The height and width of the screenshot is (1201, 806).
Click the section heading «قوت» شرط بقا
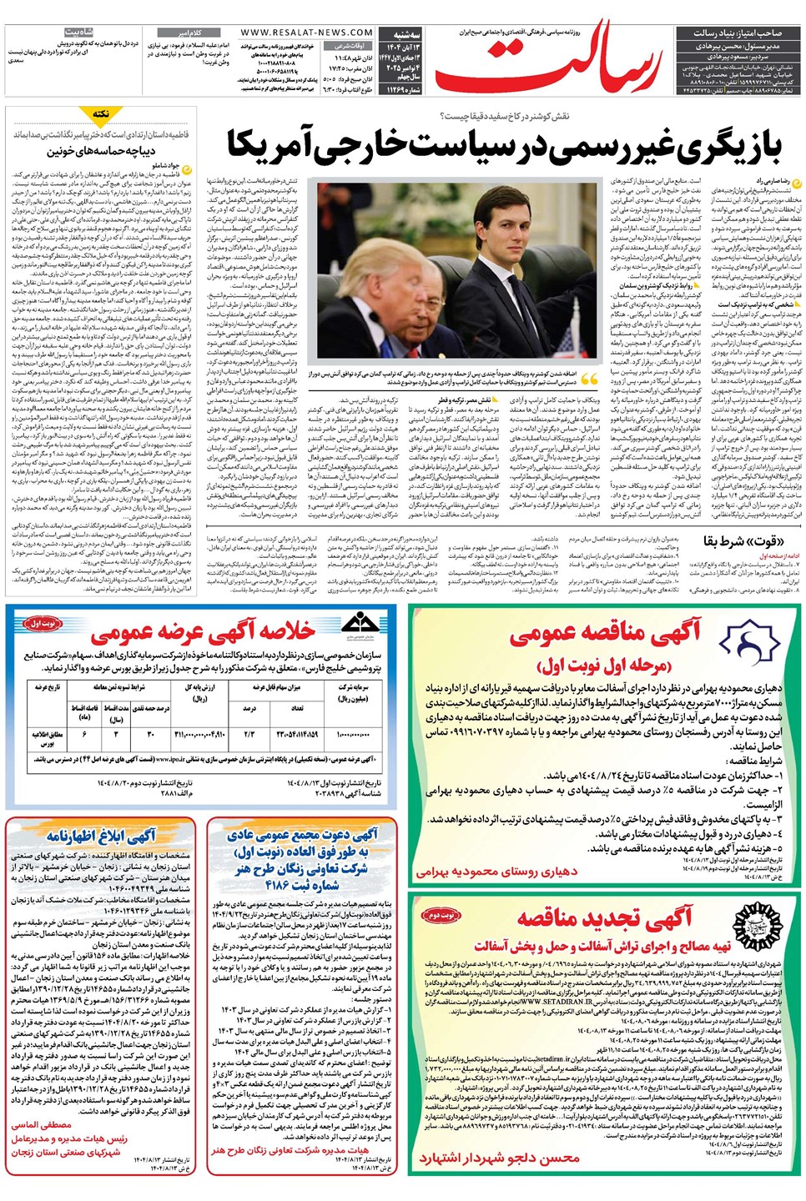733,541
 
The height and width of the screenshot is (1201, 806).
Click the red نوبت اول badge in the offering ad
43,623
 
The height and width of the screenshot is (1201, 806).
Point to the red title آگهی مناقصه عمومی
604,635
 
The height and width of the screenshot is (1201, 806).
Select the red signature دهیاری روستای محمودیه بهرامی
497,872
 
